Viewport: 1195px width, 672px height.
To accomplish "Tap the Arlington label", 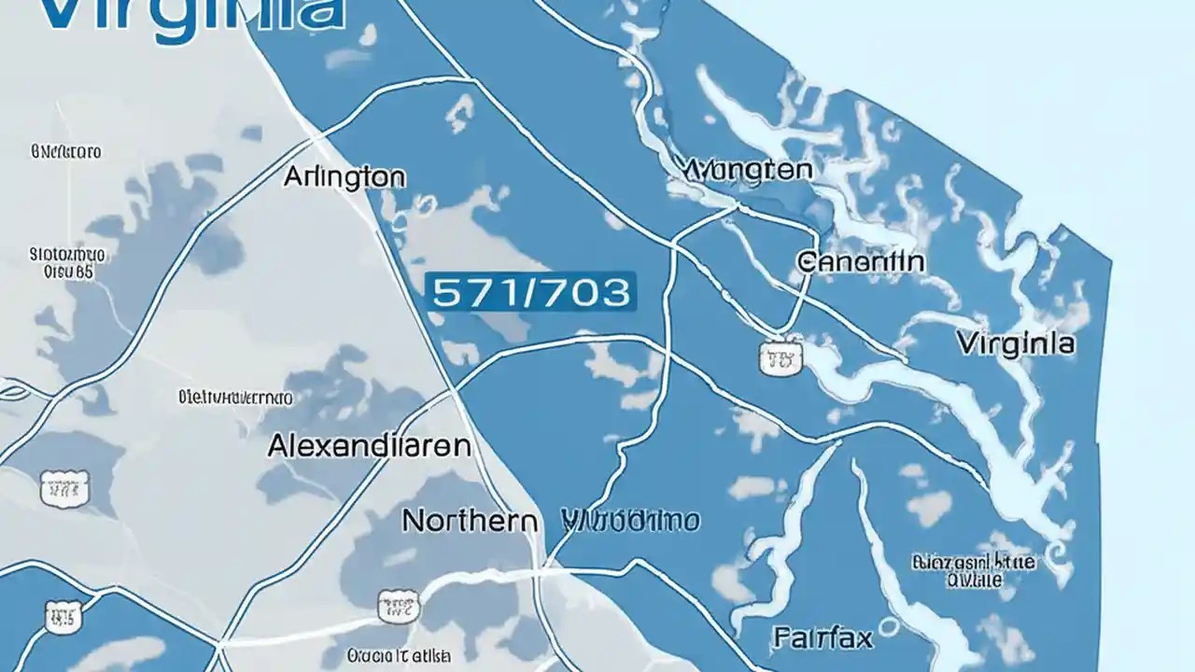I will point(344,176).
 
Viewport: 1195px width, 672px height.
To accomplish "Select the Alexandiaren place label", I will point(369,445).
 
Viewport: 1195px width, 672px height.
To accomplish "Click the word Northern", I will point(469,520).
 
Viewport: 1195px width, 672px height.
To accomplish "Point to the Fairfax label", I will point(822,638).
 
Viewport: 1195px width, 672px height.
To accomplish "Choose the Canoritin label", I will point(861,261).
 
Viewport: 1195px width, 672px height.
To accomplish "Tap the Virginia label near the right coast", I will point(1015,343).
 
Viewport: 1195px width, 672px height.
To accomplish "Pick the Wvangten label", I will point(747,170).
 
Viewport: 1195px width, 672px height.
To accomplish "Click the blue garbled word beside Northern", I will point(633,520).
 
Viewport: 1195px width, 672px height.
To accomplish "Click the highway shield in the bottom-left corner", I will point(63,615).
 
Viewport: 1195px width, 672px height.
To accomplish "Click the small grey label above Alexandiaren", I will point(234,398).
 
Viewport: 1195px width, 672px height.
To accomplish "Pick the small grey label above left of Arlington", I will point(66,150).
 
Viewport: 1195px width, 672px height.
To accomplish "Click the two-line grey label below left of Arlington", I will point(68,262).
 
